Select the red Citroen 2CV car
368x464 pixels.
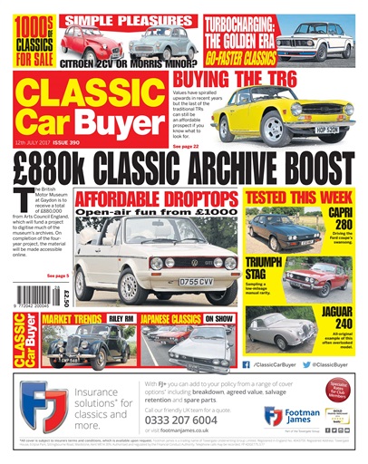pos(91,43)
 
